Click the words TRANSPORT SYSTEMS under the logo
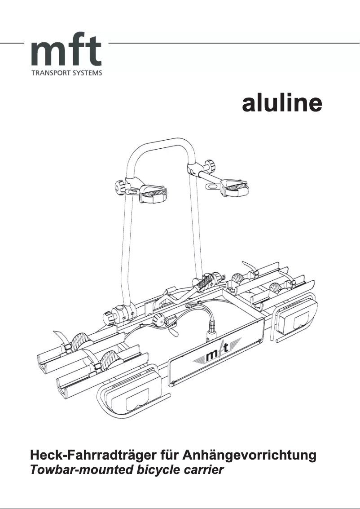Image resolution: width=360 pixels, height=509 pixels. tap(66, 73)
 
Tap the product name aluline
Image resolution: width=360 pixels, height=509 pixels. tap(282, 103)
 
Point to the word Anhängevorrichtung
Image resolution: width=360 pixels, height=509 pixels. tap(249, 456)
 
